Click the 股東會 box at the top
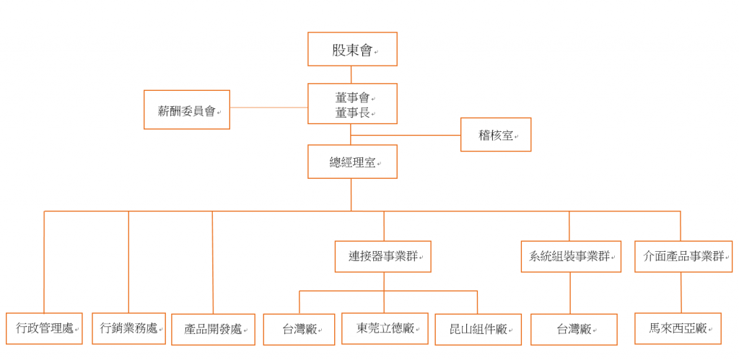[x=352, y=49]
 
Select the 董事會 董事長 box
[x=352, y=104]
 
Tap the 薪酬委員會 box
[x=187, y=110]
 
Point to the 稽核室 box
[x=496, y=135]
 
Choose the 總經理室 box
[x=352, y=162]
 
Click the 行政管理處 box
[x=44, y=328]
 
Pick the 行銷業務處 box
[x=128, y=328]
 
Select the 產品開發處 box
[x=213, y=330]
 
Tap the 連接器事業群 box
[x=383, y=257]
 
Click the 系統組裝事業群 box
[x=571, y=257]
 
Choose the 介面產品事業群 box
[x=683, y=257]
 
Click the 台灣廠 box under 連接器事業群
[x=299, y=330]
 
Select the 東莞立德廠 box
[x=385, y=328]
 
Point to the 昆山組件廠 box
[x=478, y=330]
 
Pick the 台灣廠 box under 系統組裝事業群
[x=574, y=330]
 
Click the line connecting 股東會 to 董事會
[x=351, y=74]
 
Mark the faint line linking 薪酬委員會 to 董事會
[x=268, y=107]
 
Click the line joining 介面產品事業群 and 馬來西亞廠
[x=681, y=293]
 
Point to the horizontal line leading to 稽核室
[x=406, y=135]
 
